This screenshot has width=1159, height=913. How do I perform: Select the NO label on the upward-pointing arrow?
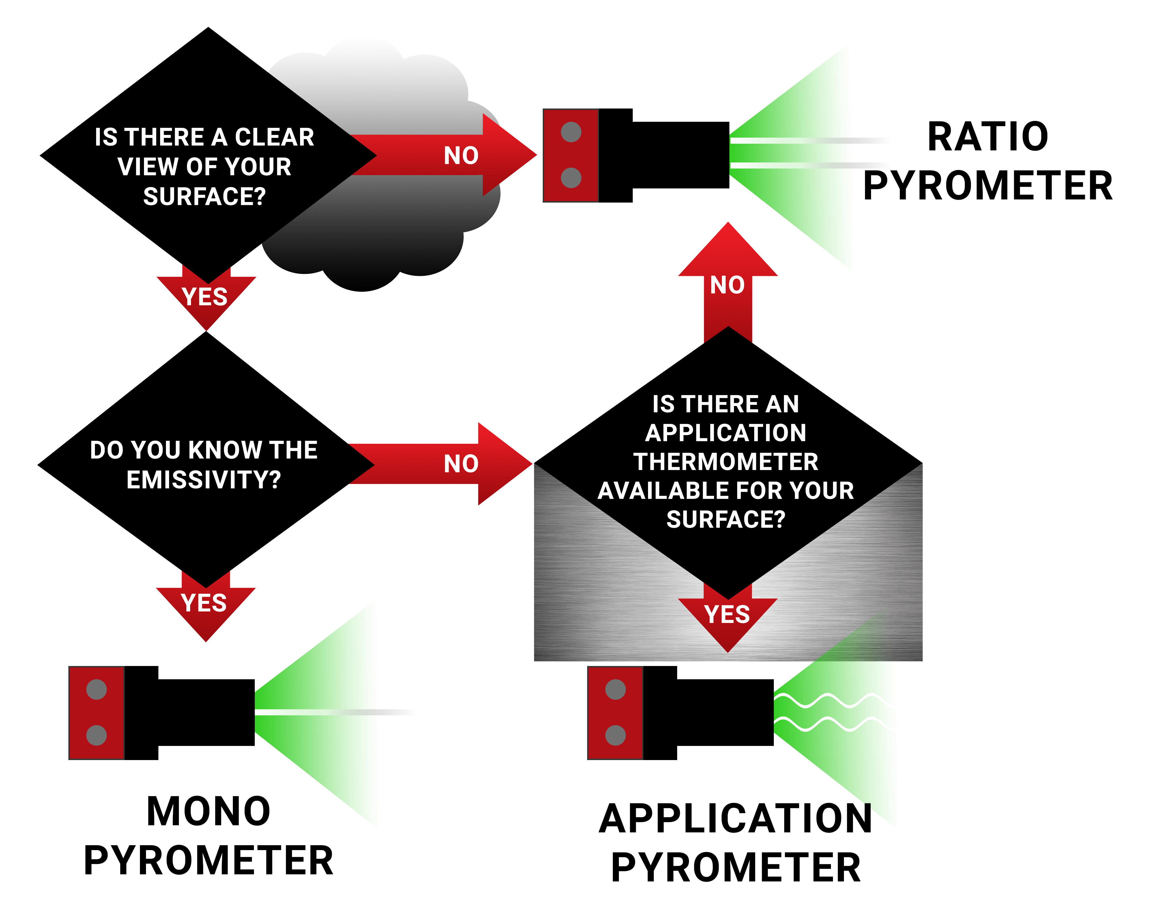[727, 285]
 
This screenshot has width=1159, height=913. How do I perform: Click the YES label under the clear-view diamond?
[205, 297]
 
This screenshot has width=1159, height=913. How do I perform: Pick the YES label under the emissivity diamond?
[204, 603]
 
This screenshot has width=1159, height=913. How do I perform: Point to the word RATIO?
[988, 137]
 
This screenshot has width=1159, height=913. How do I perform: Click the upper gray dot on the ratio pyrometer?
[571, 132]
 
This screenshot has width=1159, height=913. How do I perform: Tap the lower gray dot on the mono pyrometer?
[96, 735]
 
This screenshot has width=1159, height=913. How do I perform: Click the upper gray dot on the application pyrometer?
[615, 690]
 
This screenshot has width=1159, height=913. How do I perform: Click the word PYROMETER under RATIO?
[988, 186]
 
